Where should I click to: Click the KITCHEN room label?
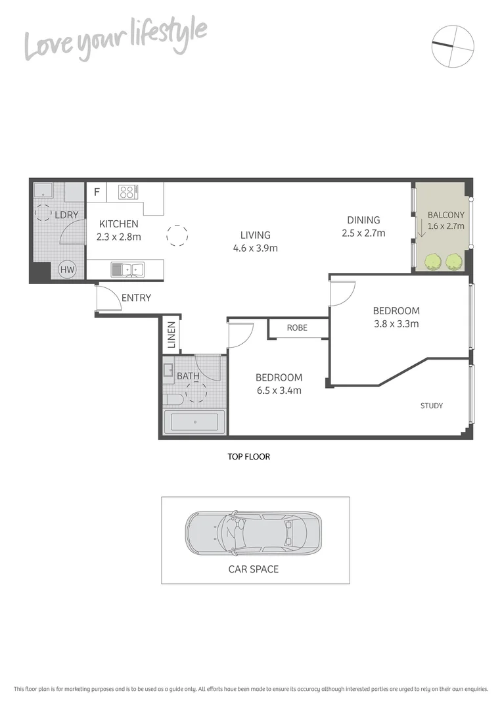[x=119, y=224]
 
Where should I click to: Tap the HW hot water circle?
[x=66, y=269]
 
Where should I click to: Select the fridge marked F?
[x=97, y=193]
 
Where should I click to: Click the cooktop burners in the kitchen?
[x=127, y=192]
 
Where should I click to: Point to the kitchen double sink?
[x=127, y=268]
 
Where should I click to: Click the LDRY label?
[x=66, y=215]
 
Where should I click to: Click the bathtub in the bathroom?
[x=194, y=422]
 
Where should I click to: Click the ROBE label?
[x=297, y=327]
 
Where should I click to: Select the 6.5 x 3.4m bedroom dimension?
[x=279, y=390]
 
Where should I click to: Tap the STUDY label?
[x=432, y=406]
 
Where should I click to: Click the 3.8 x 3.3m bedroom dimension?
[x=396, y=323]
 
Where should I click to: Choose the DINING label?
[x=364, y=220]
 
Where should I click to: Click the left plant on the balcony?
[x=432, y=262]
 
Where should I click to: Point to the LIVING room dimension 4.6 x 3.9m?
[x=255, y=248]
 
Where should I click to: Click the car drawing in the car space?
[x=254, y=531]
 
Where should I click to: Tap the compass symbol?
[x=453, y=45]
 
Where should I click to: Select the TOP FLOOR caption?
[x=248, y=456]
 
